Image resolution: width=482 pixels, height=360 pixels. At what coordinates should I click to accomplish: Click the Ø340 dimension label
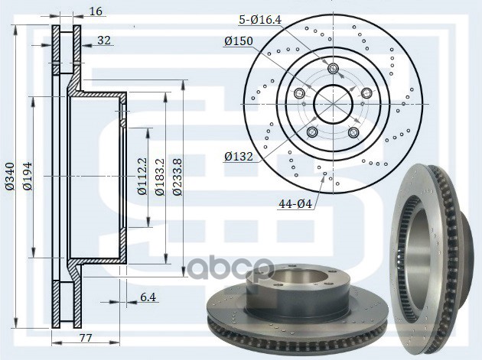coord(10,177)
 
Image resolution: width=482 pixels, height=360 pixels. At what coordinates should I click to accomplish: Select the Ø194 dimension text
coord(28,177)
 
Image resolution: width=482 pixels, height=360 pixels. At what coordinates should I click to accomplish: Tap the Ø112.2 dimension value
coord(142,177)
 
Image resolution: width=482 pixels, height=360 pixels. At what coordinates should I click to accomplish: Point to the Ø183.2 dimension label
coord(160,177)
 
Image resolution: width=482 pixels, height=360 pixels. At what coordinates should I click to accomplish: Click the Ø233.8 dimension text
coord(177,177)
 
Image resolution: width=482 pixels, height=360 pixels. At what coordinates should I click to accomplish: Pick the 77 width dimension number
coord(86,338)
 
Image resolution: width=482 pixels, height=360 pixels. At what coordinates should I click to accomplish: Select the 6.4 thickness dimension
coord(148,297)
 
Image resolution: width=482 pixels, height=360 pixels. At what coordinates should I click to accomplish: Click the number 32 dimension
coord(104,41)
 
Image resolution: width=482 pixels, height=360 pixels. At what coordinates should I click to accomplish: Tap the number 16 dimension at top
coord(96,11)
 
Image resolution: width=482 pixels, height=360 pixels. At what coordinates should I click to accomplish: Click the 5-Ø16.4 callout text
coord(260,20)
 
